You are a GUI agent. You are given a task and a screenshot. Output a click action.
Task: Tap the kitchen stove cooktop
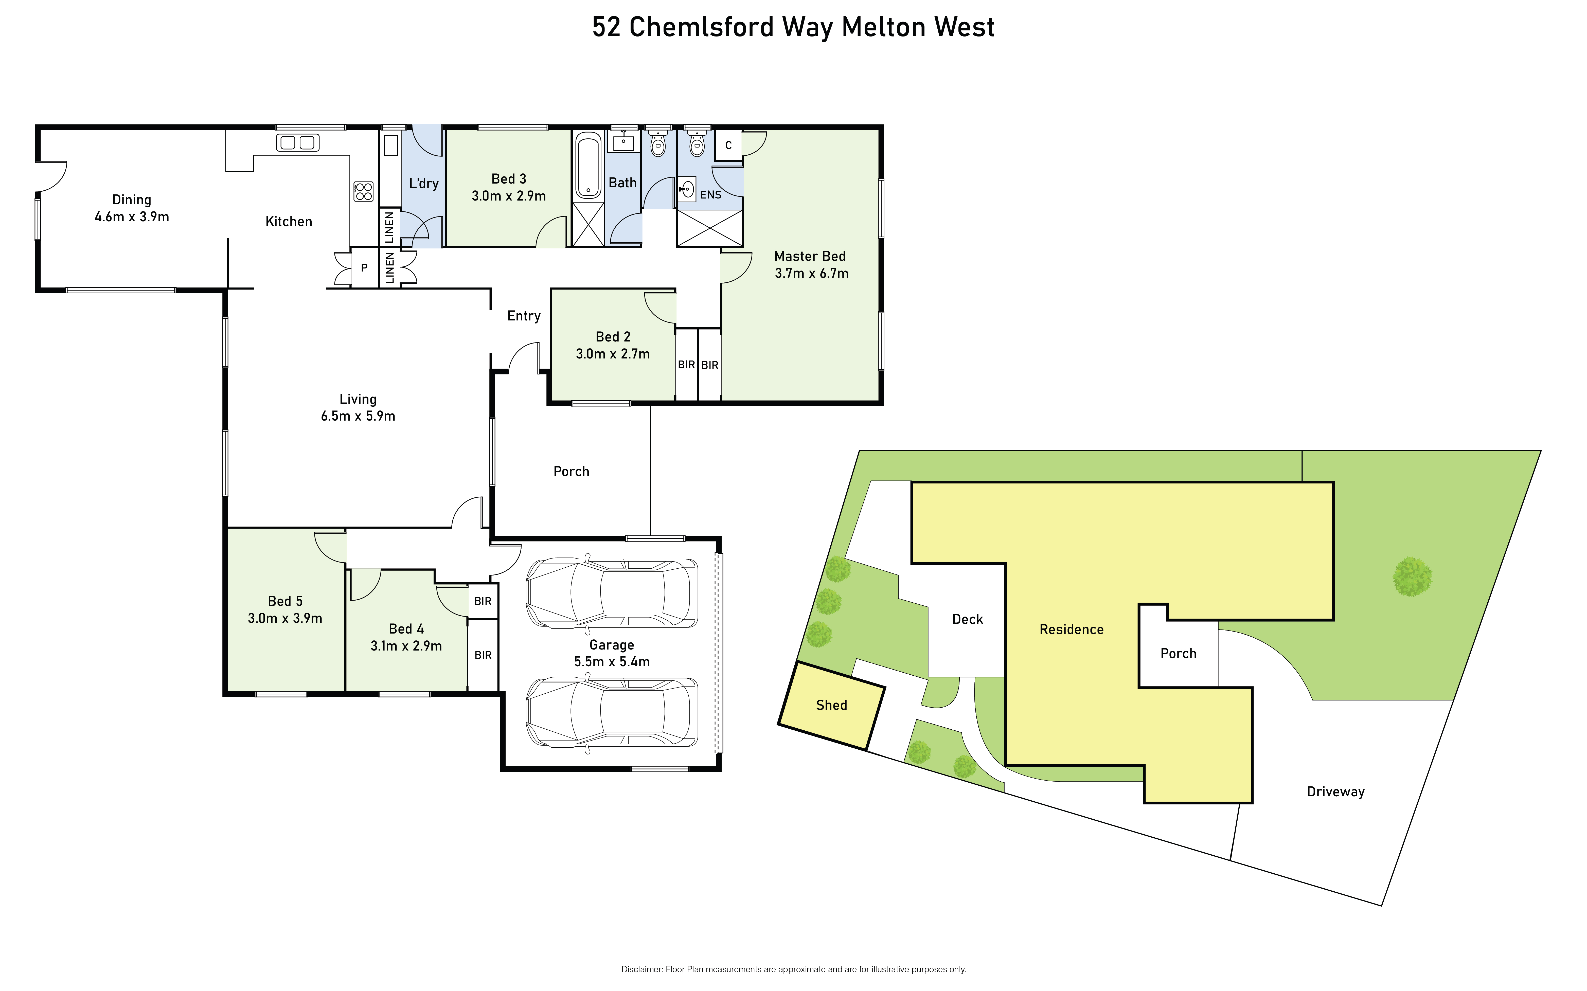click(364, 191)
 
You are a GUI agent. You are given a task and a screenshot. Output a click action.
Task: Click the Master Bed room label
click(810, 256)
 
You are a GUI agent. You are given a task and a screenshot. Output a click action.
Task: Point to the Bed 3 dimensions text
click(509, 196)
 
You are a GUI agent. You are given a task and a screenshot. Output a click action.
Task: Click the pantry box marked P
click(364, 267)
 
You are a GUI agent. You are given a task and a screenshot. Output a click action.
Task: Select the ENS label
click(710, 195)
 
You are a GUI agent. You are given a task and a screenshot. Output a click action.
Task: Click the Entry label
click(524, 316)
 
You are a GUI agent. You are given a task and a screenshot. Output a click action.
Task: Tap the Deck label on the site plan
click(968, 619)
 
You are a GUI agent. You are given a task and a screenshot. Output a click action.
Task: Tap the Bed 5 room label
click(285, 601)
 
